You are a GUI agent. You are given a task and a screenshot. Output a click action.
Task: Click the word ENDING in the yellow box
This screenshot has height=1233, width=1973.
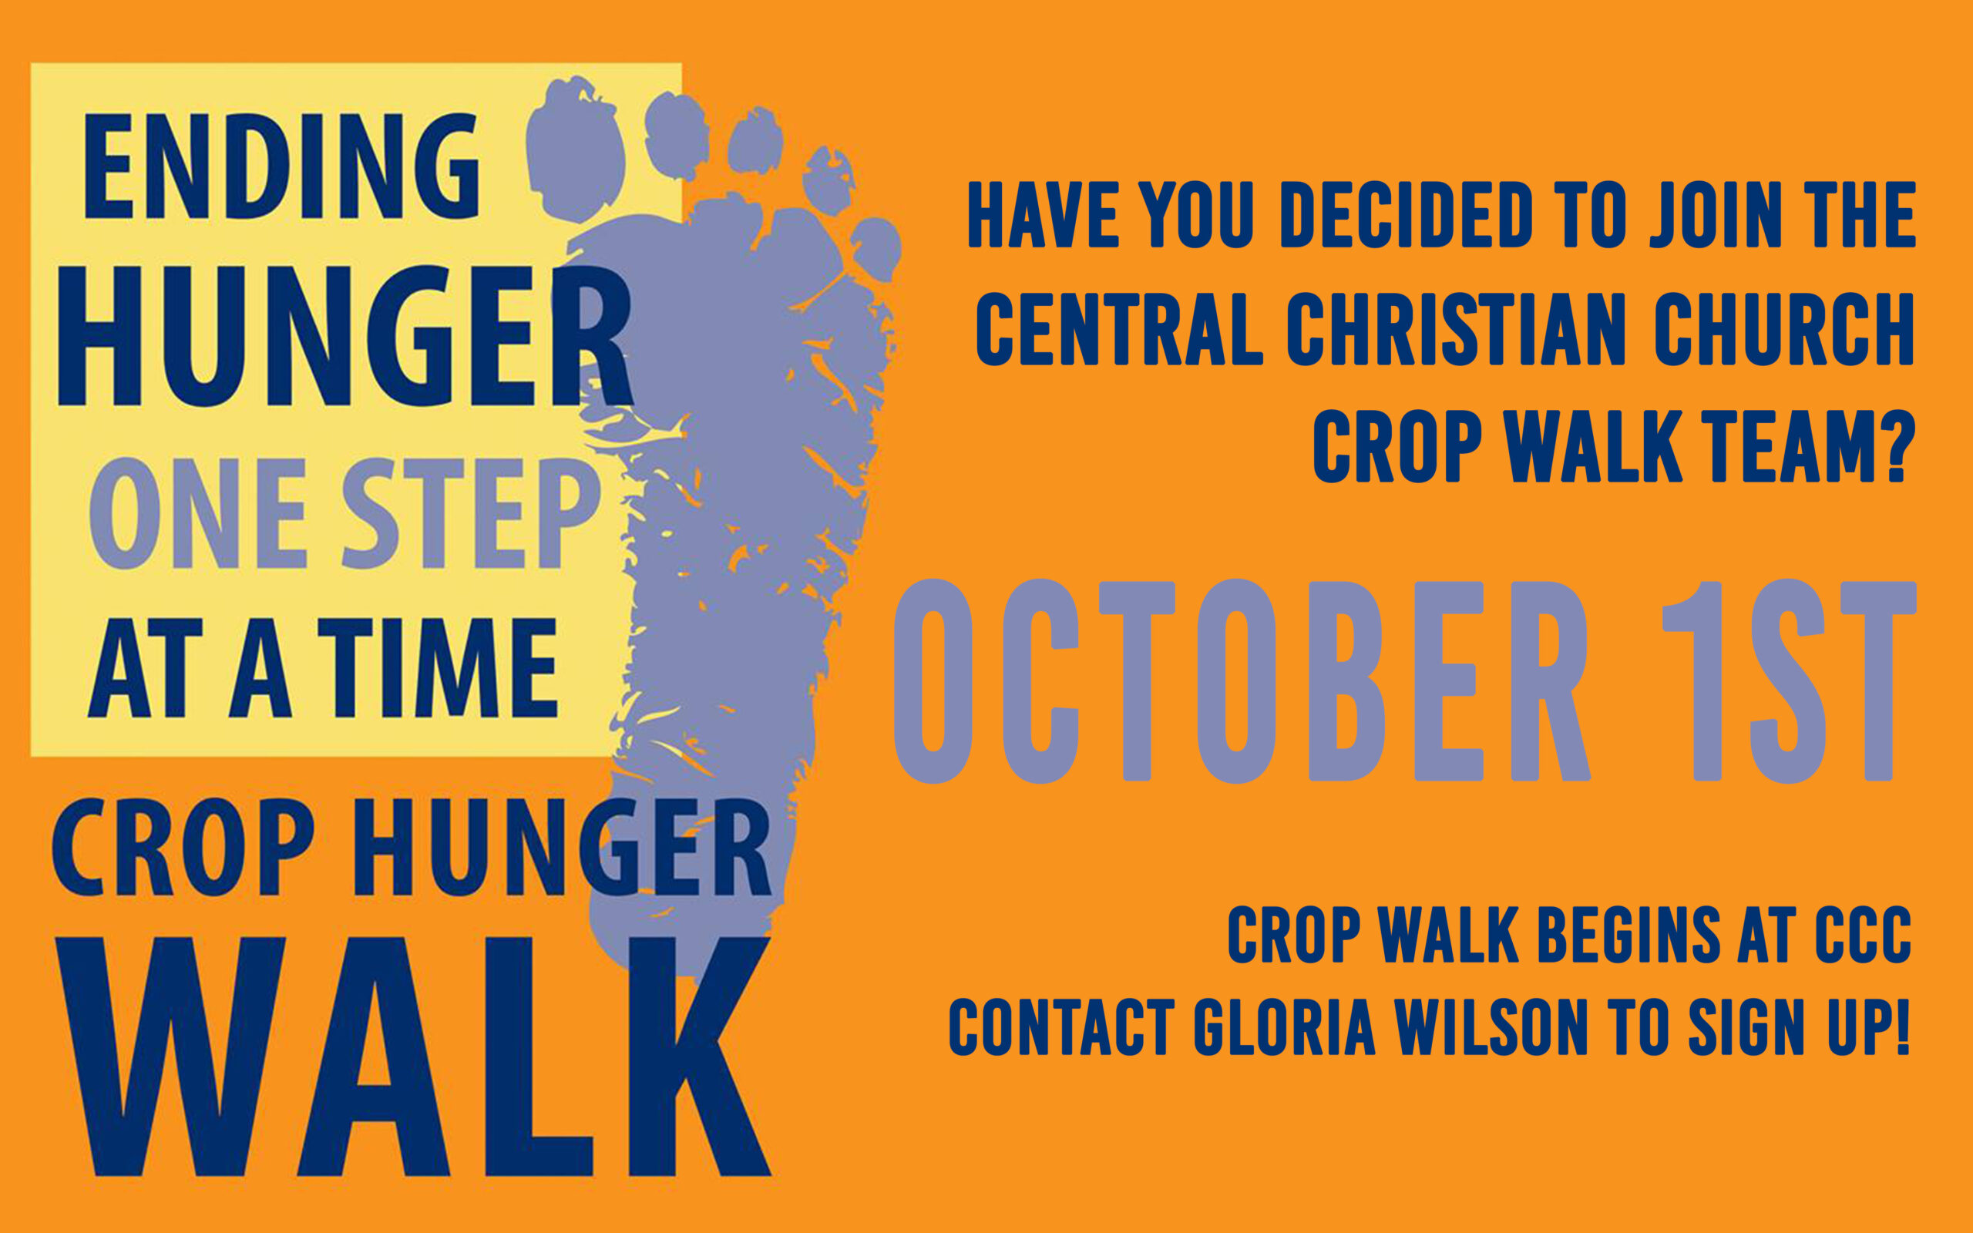coord(281,167)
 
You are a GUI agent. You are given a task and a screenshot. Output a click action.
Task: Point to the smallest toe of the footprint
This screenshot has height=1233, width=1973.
coord(876,249)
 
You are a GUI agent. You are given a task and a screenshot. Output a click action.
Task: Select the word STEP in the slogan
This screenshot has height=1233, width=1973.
coord(470,514)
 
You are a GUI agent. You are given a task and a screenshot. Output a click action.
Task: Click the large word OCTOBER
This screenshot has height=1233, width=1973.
coord(1242,681)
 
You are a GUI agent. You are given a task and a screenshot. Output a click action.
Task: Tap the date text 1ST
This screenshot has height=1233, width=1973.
coord(1789,681)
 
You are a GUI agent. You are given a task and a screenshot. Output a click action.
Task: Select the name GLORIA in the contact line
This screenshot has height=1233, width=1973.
coord(1285,1026)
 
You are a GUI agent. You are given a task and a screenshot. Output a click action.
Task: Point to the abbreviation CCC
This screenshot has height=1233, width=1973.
coord(1863,935)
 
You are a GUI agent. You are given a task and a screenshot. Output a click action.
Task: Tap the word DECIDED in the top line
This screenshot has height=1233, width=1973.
coord(1407,214)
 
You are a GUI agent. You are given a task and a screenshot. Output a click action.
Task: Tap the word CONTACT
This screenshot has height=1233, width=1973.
coord(1061,1026)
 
